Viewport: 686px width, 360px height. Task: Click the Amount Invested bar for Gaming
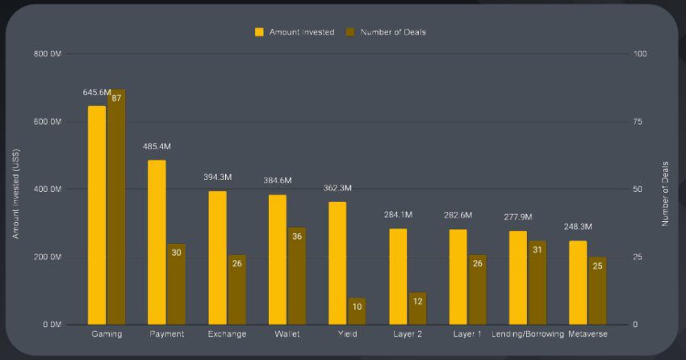click(97, 215)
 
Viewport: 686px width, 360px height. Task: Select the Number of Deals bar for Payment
click(176, 283)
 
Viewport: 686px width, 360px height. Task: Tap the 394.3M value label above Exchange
click(218, 178)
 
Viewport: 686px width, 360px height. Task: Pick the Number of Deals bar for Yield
click(357, 311)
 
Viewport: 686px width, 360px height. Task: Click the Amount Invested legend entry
click(295, 32)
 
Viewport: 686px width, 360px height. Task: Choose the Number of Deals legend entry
click(386, 32)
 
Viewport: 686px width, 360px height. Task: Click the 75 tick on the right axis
click(639, 122)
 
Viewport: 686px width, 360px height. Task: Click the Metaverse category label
click(588, 334)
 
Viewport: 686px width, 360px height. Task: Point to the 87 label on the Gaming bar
click(116, 98)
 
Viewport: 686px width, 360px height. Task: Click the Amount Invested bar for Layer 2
click(398, 276)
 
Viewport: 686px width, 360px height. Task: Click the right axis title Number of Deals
click(666, 194)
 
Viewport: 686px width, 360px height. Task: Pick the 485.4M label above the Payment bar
click(157, 147)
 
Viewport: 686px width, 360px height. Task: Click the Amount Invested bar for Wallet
click(277, 259)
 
